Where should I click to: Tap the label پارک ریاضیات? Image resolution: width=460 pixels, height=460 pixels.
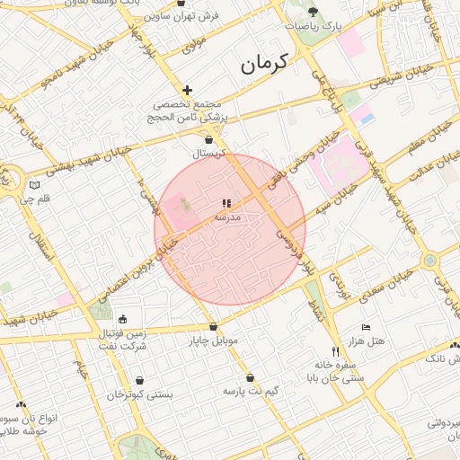314,27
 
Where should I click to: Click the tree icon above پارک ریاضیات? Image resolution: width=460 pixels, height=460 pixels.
313,12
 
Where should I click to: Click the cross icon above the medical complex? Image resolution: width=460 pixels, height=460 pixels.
187,90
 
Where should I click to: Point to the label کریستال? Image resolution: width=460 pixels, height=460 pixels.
208,154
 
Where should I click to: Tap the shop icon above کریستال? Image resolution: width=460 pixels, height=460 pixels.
209,139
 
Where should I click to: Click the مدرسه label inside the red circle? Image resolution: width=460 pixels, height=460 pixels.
226,217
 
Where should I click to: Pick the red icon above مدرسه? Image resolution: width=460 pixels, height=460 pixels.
226,204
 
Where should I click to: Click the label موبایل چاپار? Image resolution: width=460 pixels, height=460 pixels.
213,341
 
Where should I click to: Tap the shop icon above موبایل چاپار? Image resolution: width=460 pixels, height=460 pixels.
213,327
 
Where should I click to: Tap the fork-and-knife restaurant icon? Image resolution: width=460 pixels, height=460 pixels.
336,351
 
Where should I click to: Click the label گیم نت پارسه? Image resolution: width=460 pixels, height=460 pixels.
250,392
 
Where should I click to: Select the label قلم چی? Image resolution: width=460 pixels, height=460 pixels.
35,198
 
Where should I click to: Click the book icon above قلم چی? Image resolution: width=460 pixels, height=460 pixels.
34,184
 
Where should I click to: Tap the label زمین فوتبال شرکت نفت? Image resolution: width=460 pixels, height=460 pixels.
121,340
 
